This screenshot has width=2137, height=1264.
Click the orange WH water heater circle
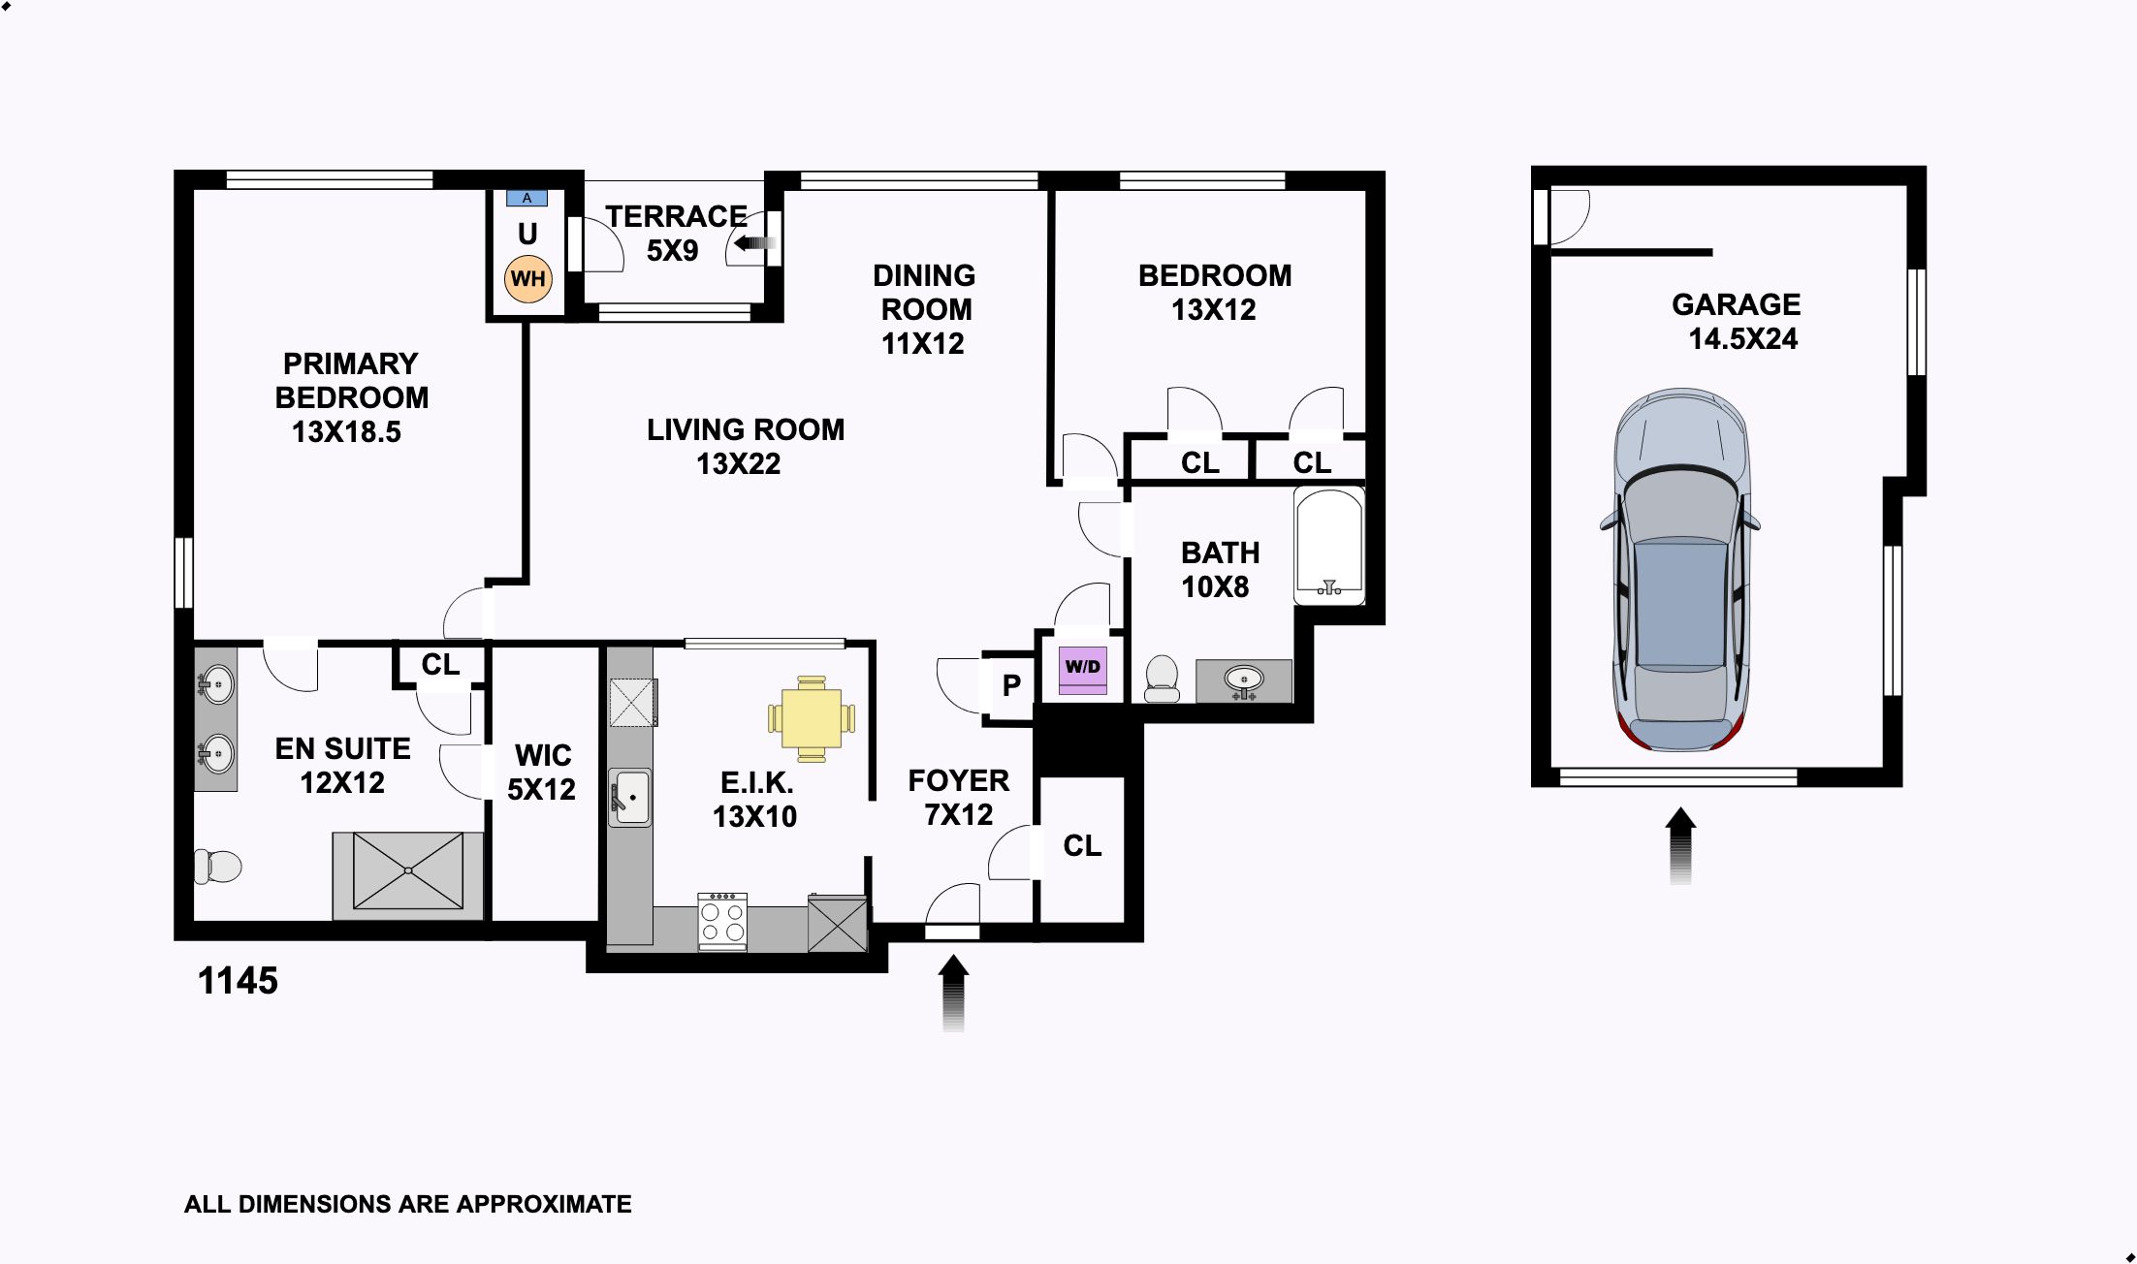pyautogui.click(x=528, y=279)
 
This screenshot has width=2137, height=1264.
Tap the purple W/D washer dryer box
pyautogui.click(x=1083, y=670)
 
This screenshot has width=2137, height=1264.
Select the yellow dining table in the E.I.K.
pyautogui.click(x=812, y=718)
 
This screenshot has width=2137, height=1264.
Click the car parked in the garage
pyautogui.click(x=1680, y=571)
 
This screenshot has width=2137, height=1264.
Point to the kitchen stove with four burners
pyautogui.click(x=722, y=921)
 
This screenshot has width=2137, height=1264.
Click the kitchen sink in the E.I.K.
pyautogui.click(x=630, y=797)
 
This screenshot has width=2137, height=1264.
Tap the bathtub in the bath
pyautogui.click(x=1329, y=546)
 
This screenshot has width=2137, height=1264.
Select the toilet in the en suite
pyautogui.click(x=217, y=866)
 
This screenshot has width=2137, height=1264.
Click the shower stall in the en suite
pyautogui.click(x=408, y=870)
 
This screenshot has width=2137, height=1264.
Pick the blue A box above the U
pyautogui.click(x=527, y=198)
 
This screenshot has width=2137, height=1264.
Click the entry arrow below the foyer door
pyautogui.click(x=954, y=993)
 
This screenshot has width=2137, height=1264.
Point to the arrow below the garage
pyautogui.click(x=1680, y=845)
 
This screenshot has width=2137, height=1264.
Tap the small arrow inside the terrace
pyautogui.click(x=755, y=243)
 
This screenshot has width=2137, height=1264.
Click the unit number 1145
pyautogui.click(x=238, y=981)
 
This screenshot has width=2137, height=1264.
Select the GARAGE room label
pyautogui.click(x=1736, y=304)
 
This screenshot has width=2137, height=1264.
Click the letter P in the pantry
pyautogui.click(x=1011, y=685)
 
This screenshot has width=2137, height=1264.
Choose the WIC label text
pyautogui.click(x=543, y=755)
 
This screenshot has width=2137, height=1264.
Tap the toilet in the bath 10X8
pyautogui.click(x=1162, y=679)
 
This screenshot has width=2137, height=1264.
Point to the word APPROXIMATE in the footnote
pyautogui.click(x=544, y=1204)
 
